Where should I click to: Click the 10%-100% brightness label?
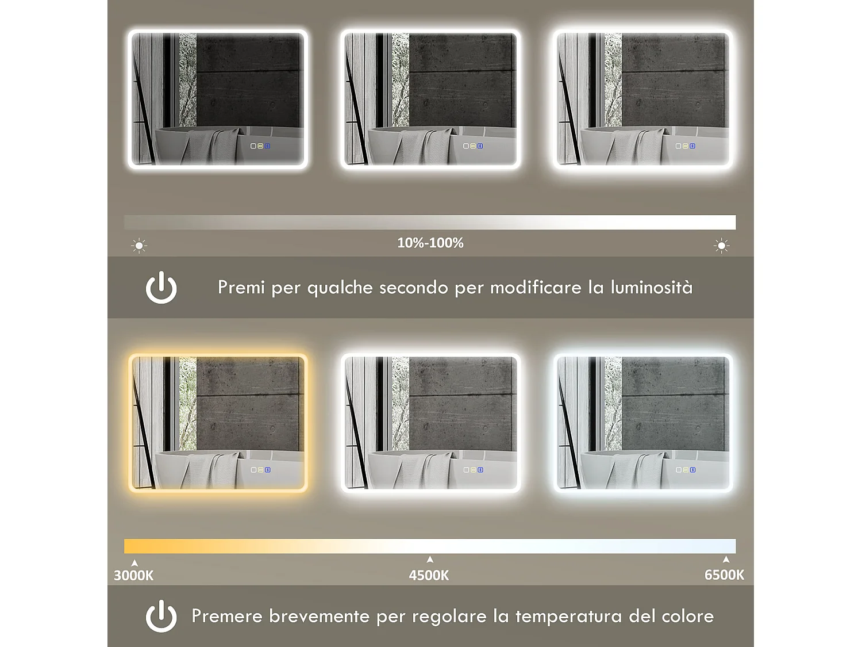click(430, 243)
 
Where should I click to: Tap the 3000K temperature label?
click(133, 575)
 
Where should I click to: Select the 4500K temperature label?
click(429, 575)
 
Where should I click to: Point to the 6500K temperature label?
click(724, 575)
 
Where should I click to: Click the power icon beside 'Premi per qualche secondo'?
click(161, 287)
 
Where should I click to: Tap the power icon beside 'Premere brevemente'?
click(161, 616)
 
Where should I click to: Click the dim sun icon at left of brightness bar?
click(139, 246)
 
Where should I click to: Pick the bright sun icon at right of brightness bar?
click(721, 246)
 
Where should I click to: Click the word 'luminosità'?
click(651, 287)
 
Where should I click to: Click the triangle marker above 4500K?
click(430, 559)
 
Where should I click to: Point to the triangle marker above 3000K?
click(134, 563)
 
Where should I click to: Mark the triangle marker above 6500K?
click(726, 559)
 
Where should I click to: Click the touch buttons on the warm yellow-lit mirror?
click(260, 470)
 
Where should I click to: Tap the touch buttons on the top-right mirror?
click(685, 146)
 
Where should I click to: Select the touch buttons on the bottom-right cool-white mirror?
click(685, 470)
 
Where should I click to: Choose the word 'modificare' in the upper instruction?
click(536, 287)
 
